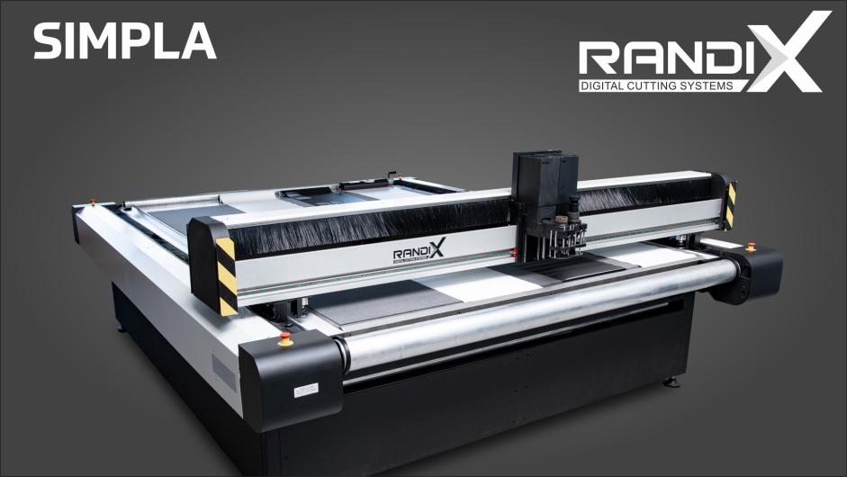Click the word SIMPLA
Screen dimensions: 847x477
click(125, 41)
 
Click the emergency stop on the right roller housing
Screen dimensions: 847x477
click(751, 247)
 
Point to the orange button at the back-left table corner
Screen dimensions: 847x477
click(93, 202)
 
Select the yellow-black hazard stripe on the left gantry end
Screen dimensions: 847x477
click(227, 276)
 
